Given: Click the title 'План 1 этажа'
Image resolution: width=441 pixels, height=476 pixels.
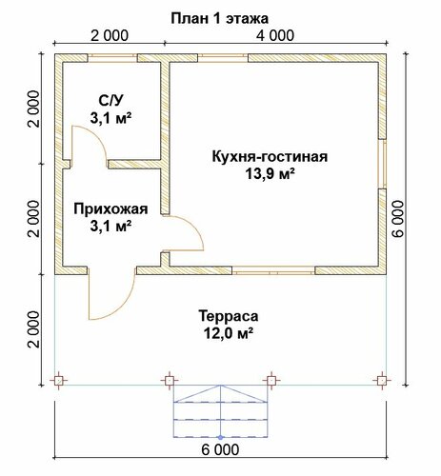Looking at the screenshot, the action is pos(219,19).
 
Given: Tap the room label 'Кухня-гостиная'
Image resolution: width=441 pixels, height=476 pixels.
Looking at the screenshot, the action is pos(270,157).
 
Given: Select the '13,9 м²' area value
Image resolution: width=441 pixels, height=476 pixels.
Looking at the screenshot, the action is pos(271,174).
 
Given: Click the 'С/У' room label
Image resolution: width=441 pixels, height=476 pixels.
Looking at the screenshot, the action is pos(110,101).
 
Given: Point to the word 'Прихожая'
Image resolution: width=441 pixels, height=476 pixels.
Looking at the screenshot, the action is pos(110,209).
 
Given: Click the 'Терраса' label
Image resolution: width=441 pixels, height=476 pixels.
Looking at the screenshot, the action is pos(229,316).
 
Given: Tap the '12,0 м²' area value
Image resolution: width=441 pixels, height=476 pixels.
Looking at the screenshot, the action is pos(228,333).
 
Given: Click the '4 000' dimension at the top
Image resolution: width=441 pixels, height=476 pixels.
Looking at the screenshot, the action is pos(275,35).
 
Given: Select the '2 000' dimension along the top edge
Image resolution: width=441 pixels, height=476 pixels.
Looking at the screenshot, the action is pos(110,35).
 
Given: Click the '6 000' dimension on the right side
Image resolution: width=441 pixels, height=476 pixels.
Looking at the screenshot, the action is pos(398,219).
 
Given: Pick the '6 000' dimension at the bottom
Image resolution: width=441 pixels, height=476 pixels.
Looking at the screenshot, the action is pos(220,449).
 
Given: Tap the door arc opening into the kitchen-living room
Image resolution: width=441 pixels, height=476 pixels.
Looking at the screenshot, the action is pos(194,226).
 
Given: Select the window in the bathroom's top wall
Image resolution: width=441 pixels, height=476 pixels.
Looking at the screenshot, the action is pos(112,58).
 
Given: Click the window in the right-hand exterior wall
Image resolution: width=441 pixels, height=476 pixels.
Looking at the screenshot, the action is pos(382,164).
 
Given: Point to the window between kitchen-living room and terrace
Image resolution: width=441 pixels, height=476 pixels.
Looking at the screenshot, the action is pos(273,270).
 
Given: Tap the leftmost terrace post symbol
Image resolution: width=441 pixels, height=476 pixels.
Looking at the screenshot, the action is pos(58,380).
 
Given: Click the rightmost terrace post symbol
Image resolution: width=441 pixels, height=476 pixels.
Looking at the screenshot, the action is pos(382,380).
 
